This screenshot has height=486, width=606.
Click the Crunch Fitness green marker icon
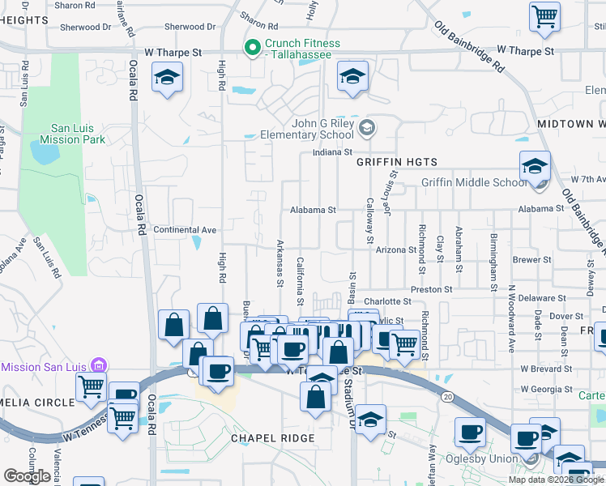point(252,48)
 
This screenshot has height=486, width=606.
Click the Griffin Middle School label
point(474,182)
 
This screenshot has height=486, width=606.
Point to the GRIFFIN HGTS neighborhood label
point(397,162)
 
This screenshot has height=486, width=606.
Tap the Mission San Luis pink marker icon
point(99,366)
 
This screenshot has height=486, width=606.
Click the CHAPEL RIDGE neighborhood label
point(272,438)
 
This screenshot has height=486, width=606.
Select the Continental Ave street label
point(185,230)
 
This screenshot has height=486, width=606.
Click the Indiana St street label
point(333,152)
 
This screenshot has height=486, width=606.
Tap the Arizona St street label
point(396,250)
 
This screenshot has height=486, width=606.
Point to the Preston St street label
point(431,289)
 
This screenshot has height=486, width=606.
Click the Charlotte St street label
point(383,301)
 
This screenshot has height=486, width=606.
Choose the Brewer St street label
point(531,261)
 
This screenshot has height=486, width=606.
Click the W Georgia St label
point(547,389)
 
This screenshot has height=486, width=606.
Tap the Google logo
point(27,476)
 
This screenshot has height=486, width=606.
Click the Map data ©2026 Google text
point(556,480)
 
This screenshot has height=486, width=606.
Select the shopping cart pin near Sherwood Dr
point(544,16)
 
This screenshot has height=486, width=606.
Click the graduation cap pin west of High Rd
point(168,79)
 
